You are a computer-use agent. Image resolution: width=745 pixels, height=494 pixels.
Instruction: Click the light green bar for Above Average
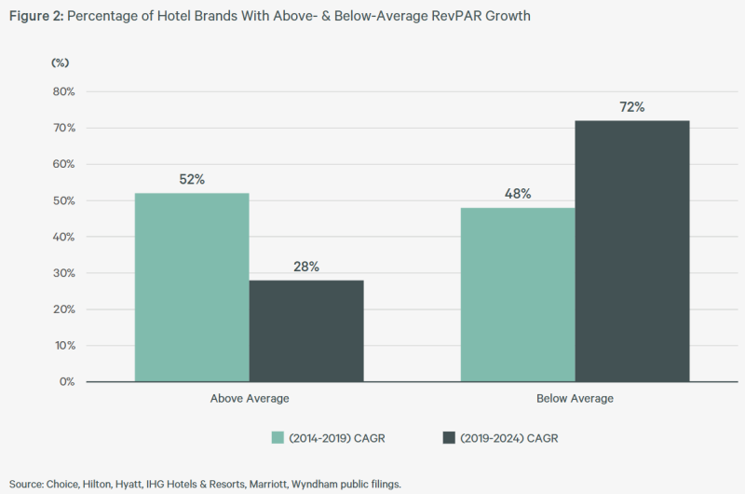point(192,287)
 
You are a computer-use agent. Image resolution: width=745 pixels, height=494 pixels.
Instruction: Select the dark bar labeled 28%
point(306,331)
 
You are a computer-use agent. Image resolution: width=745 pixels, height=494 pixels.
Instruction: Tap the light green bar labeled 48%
point(518,295)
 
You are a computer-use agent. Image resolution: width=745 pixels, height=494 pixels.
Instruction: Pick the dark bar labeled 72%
point(632,251)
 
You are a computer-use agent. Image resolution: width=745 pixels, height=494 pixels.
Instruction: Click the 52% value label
point(192,179)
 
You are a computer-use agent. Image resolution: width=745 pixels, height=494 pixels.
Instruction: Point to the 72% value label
point(632,107)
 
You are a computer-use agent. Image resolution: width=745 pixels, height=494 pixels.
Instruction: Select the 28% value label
point(306,267)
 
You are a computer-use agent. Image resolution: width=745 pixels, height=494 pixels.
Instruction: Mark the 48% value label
point(518,194)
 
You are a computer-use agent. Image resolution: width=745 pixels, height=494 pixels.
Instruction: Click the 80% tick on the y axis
point(62,91)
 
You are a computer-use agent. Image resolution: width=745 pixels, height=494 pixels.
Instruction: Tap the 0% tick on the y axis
point(65,381)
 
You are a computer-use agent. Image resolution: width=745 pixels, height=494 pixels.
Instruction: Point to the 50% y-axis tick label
point(62,200)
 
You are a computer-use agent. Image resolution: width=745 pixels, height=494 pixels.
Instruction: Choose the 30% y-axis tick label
point(62,273)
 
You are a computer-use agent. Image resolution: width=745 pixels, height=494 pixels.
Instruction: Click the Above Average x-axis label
point(250,399)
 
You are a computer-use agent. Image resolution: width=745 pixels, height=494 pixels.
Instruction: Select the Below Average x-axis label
point(575,399)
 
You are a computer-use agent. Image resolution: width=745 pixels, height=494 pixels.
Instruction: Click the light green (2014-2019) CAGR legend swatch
point(278,437)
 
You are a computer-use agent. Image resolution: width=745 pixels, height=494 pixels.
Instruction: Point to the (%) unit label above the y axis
point(60,62)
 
